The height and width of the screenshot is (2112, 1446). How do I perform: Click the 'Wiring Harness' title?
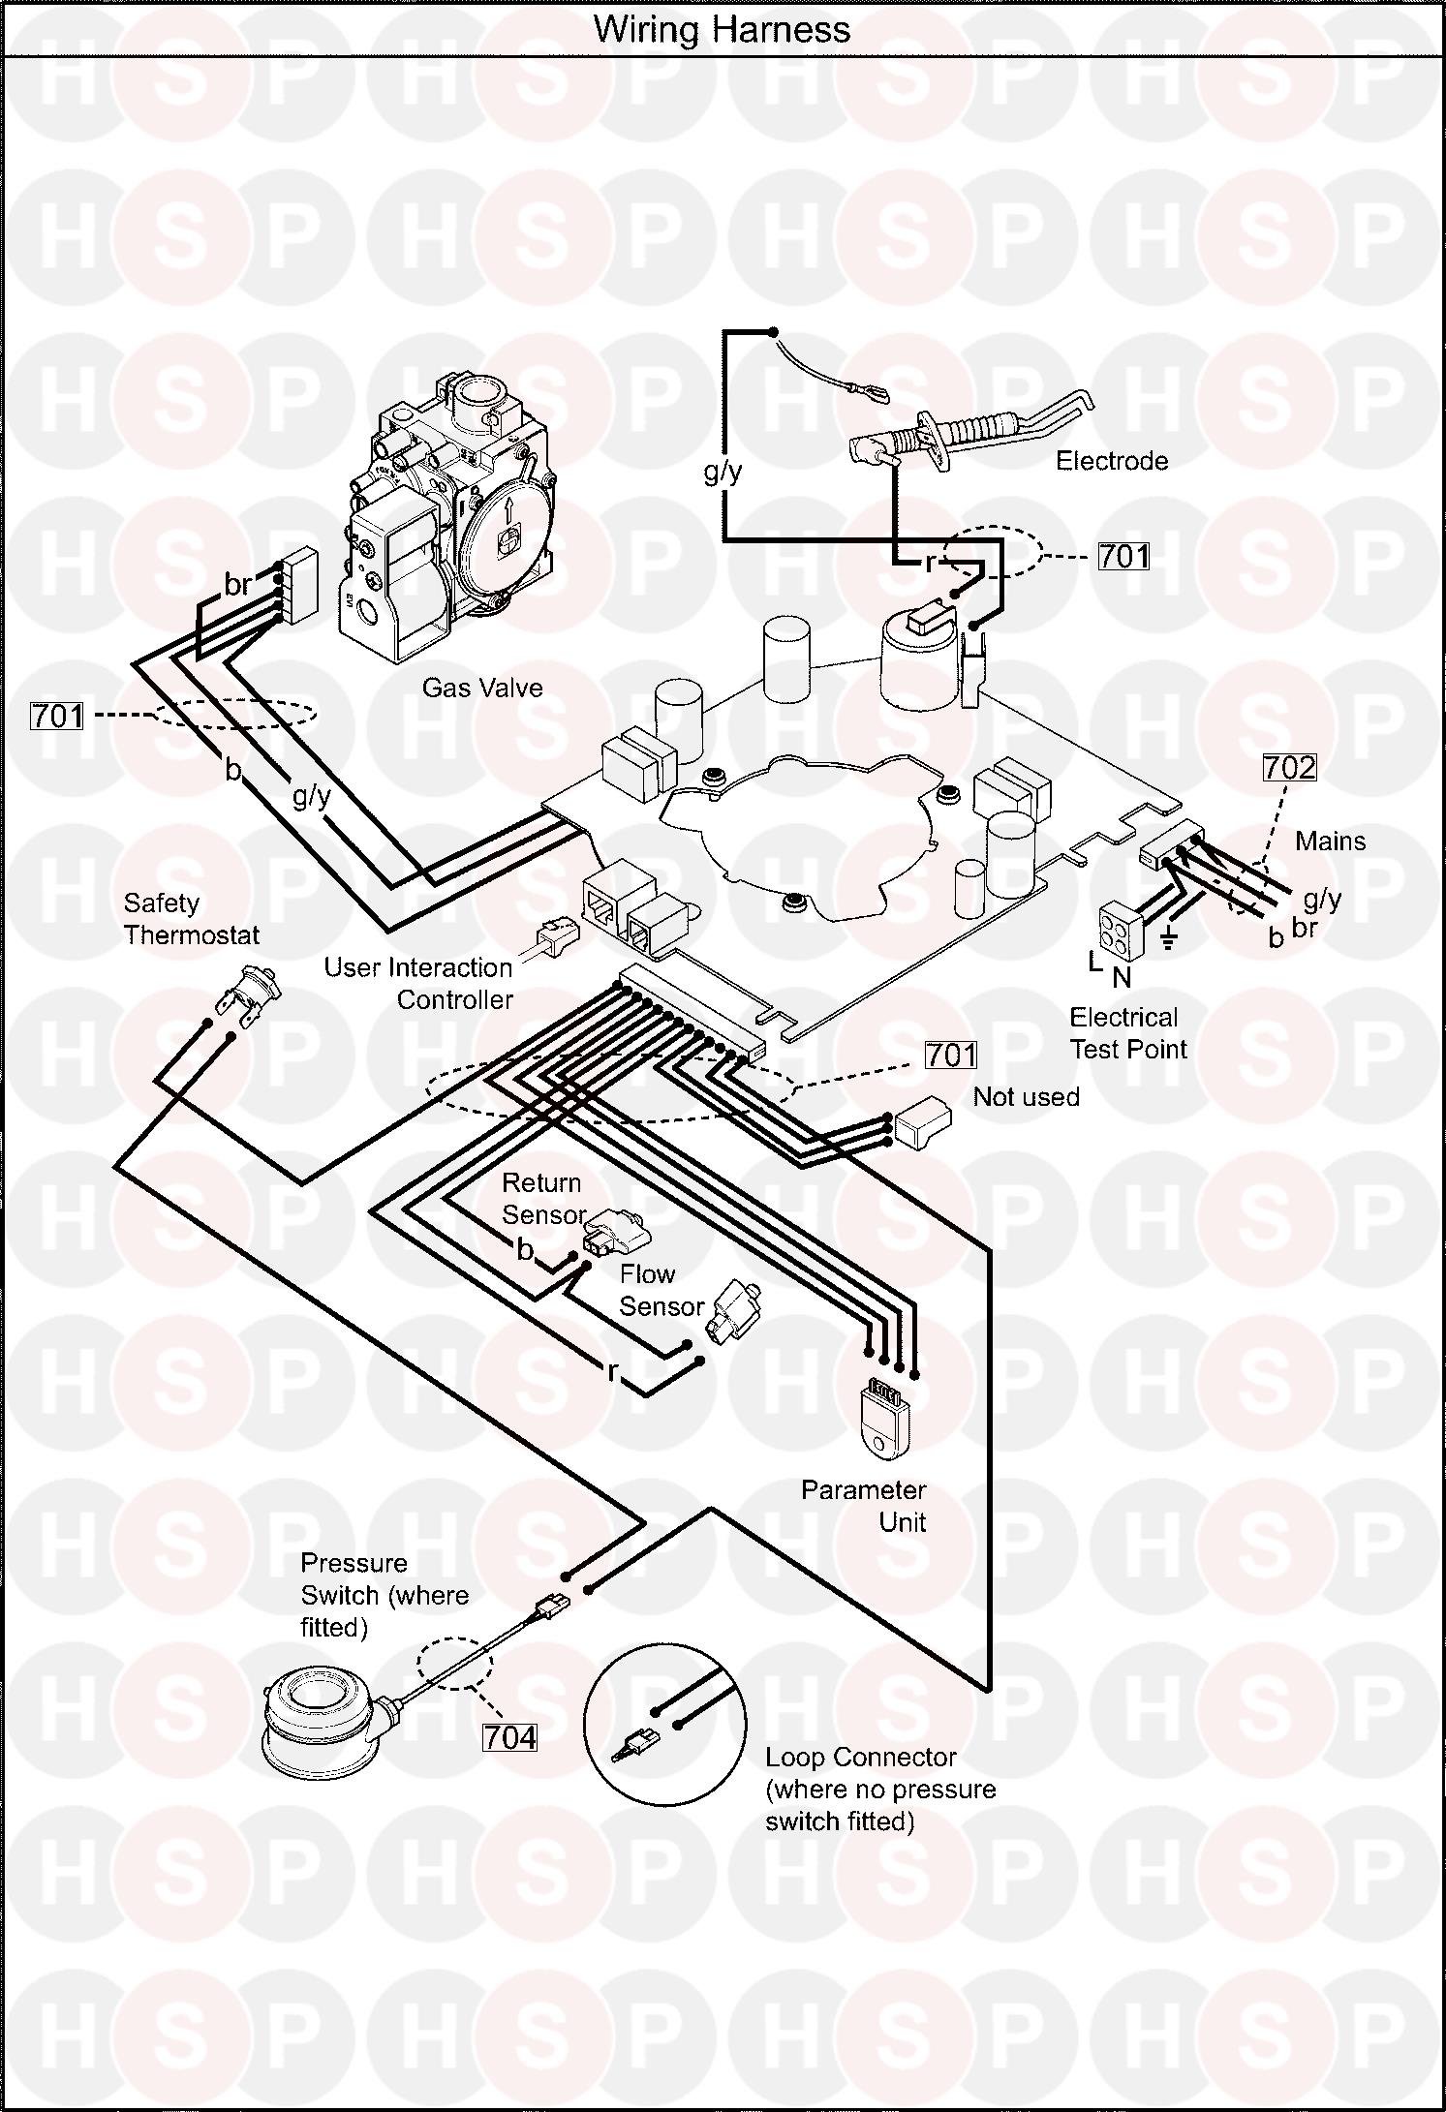pos(723,29)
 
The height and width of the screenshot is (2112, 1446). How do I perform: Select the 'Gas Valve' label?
pos(482,688)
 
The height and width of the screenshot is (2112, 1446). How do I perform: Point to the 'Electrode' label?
pos(1112,461)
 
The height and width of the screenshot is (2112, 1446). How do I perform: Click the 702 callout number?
pos(1289,768)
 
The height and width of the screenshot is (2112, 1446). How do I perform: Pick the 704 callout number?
pos(509,1738)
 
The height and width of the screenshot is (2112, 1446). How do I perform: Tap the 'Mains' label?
pos(1331,841)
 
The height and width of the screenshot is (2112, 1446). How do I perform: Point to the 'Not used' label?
pos(1027,1096)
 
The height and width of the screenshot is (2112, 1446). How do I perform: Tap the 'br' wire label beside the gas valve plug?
pos(238,585)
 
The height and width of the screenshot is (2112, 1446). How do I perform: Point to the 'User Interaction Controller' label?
pos(419,983)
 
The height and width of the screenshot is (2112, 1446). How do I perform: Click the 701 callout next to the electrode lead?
pos(1123,556)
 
